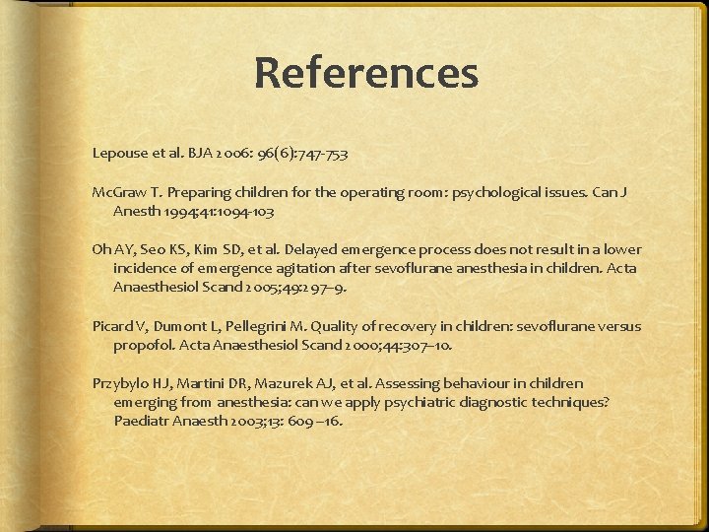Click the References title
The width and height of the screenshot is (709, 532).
(x=365, y=74)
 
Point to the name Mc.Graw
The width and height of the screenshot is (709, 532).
(x=117, y=191)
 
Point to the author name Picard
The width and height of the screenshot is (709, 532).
(x=112, y=326)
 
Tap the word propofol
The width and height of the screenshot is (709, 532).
(x=143, y=345)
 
